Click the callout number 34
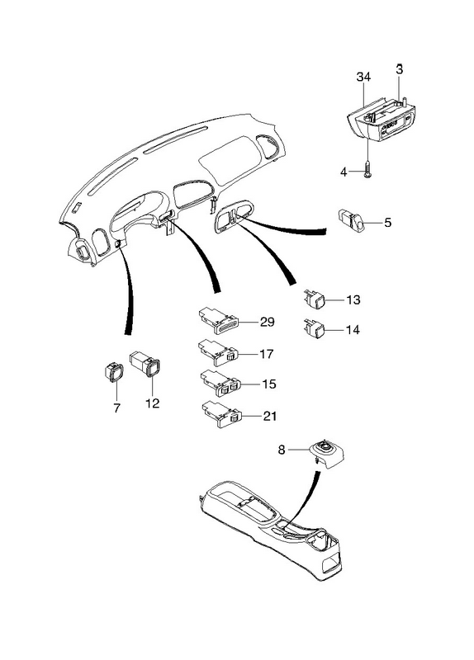[x=363, y=77]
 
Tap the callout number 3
[x=400, y=69]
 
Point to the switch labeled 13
[x=314, y=298]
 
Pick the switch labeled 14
[x=314, y=328]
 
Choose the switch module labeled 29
[x=218, y=321]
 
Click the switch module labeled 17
[x=218, y=352]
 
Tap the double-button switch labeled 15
[x=220, y=383]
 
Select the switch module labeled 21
[x=221, y=414]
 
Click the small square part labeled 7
[x=113, y=372]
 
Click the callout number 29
[x=267, y=322]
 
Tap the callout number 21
[x=270, y=416]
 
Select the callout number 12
[x=153, y=403]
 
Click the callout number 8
[x=282, y=450]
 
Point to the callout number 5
[x=387, y=222]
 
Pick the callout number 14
[x=353, y=329]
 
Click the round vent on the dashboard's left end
[x=81, y=251]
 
